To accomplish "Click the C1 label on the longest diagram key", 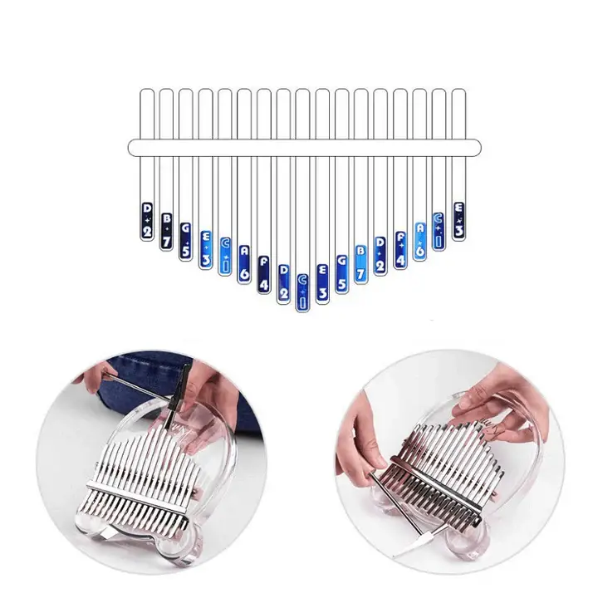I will (x=302, y=292).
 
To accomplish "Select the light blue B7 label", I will (x=361, y=261).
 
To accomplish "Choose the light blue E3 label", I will (x=205, y=248).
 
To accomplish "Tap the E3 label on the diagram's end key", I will (x=458, y=219).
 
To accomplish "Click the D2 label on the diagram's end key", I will (x=147, y=219).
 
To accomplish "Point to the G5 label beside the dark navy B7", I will (x=185, y=241).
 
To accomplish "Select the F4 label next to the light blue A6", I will (x=400, y=248).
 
